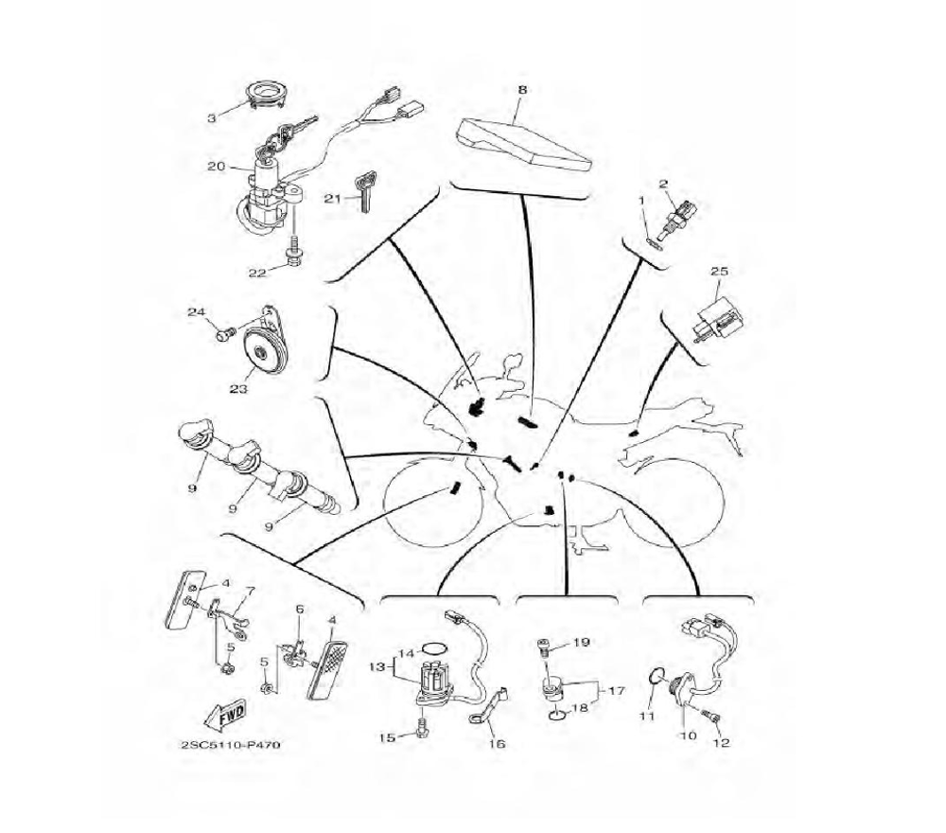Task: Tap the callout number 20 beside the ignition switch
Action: click(216, 167)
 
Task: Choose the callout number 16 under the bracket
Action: click(498, 743)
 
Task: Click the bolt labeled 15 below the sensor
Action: click(420, 728)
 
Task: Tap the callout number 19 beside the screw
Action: click(581, 643)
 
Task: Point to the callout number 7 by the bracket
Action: click(250, 592)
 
